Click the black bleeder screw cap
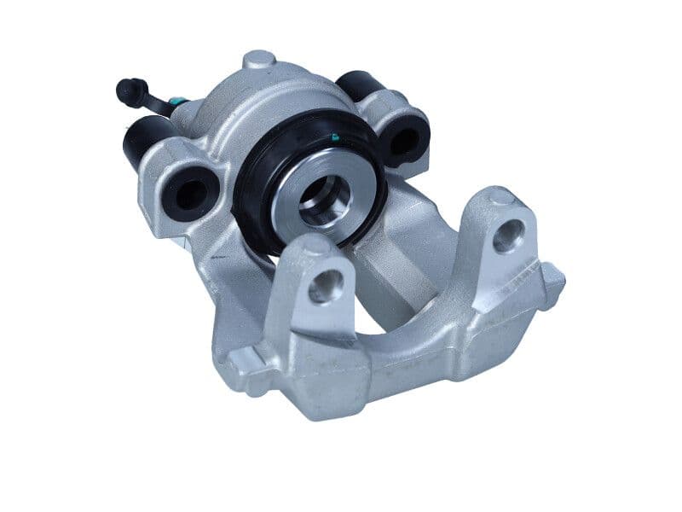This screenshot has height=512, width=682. [129, 89]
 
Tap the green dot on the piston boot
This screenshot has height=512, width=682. [335, 136]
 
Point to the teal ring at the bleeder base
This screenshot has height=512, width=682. [173, 107]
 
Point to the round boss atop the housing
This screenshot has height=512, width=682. [259, 61]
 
